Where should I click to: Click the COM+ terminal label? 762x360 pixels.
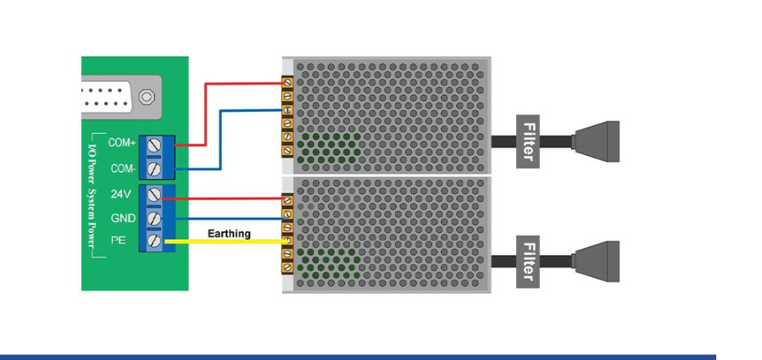pyautogui.click(x=121, y=143)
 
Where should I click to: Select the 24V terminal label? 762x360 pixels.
pyautogui.click(x=120, y=194)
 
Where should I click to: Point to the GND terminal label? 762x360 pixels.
pyautogui.click(x=123, y=219)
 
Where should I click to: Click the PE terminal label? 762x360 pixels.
pyautogui.click(x=117, y=240)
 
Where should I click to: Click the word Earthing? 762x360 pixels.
pyautogui.click(x=229, y=234)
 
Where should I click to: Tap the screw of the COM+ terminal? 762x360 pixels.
pyautogui.click(x=154, y=144)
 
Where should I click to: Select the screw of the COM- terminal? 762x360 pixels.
pyautogui.click(x=154, y=169)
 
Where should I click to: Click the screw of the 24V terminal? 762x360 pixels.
pyautogui.click(x=154, y=194)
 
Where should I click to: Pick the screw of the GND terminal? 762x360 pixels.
pyautogui.click(x=154, y=218)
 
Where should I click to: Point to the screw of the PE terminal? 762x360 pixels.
pyautogui.click(x=154, y=241)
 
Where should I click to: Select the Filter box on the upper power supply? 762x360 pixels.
pyautogui.click(x=528, y=141)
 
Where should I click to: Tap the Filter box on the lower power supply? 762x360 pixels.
pyautogui.click(x=528, y=262)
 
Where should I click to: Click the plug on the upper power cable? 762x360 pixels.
pyautogui.click(x=596, y=141)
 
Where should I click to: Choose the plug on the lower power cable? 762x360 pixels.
pyautogui.click(x=596, y=262)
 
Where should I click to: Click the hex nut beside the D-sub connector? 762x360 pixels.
pyautogui.click(x=147, y=97)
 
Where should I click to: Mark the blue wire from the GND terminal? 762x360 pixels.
pyautogui.click(x=229, y=219)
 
